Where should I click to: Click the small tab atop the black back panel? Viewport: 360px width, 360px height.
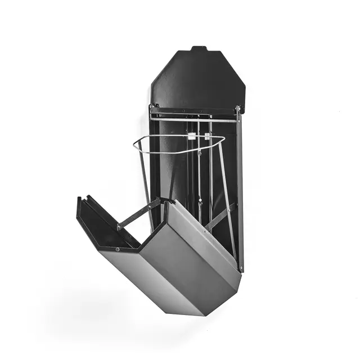pos(198,49)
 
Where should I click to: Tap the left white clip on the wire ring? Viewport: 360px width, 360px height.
pos(192,136)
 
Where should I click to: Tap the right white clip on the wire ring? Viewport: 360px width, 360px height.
pos(208,136)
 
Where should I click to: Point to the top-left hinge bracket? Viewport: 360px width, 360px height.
pos(152,107)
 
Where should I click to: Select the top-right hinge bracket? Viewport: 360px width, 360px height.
pos(238,109)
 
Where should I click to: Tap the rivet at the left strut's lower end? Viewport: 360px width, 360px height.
pos(119,227)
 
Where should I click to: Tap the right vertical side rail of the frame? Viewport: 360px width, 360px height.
pos(240,191)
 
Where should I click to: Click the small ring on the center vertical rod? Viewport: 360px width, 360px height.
pos(199,200)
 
